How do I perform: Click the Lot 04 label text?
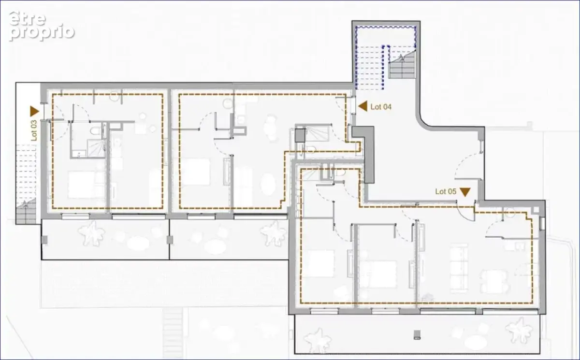(381, 107)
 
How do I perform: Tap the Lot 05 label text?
(446, 191)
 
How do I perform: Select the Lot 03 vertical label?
(34, 130)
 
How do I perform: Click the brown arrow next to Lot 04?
(363, 106)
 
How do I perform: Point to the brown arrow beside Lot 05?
(465, 191)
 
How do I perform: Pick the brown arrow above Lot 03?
(34, 111)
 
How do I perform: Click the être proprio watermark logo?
(42, 26)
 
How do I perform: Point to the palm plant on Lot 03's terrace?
(92, 234)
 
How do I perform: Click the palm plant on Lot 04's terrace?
(274, 233)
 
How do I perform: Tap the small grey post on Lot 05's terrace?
(417, 334)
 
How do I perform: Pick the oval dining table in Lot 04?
(268, 184)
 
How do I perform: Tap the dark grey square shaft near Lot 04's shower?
(300, 135)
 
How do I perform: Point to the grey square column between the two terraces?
(170, 240)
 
